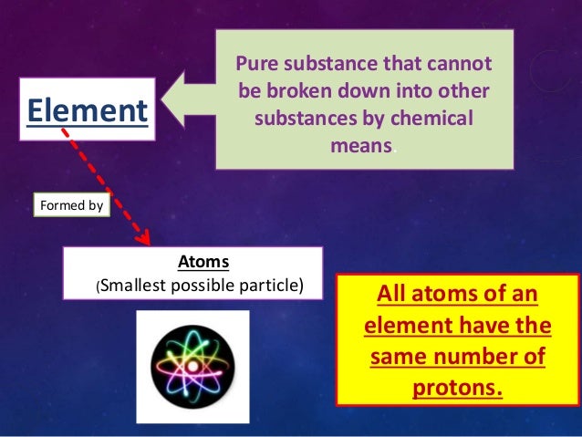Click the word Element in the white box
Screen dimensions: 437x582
click(88, 110)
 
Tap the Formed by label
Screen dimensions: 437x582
click(71, 205)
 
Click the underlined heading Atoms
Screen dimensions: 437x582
click(203, 262)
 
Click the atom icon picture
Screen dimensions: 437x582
click(192, 366)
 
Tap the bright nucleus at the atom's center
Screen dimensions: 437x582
click(192, 365)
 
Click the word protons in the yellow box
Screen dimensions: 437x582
click(457, 389)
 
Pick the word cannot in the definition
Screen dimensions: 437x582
click(462, 65)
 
